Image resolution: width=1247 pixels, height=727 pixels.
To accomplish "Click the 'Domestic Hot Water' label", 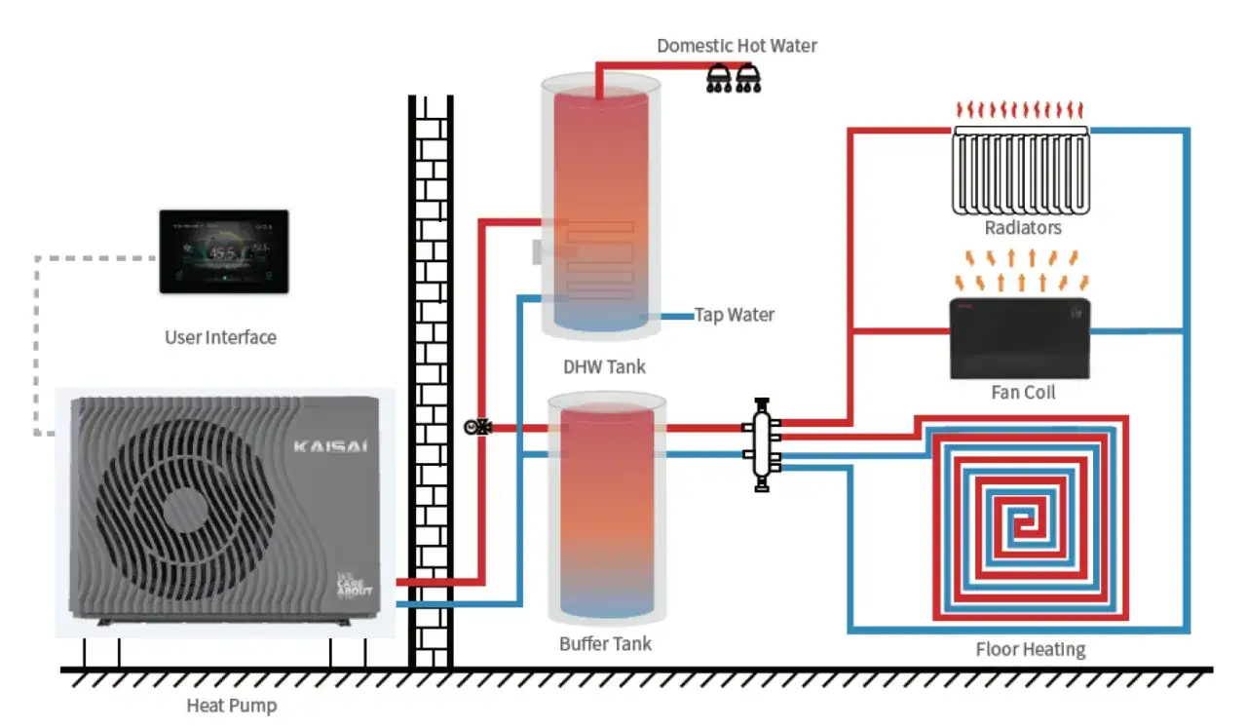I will [737, 46].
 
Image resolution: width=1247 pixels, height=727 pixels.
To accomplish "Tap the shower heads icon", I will [734, 79].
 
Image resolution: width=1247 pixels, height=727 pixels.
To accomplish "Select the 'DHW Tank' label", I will [604, 367].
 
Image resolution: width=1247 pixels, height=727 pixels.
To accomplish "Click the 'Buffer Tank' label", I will [605, 644].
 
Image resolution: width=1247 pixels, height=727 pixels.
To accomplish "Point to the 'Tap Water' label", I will [734, 315].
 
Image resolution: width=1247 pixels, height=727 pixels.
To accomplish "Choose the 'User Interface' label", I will [220, 338].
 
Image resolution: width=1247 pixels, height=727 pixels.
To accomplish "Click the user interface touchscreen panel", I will [224, 250].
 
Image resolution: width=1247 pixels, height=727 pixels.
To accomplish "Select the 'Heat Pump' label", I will [232, 706].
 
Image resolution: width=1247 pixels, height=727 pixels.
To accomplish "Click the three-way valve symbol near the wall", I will [477, 427].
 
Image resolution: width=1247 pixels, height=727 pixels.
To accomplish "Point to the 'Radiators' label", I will [1022, 228].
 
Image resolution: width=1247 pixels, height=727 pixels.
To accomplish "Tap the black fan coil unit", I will [1019, 337].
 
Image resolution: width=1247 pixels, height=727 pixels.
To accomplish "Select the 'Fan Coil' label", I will [1022, 393].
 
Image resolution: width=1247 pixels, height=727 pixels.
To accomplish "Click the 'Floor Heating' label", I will [1030, 650].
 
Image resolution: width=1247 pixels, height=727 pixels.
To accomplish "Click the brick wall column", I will [430, 390].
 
